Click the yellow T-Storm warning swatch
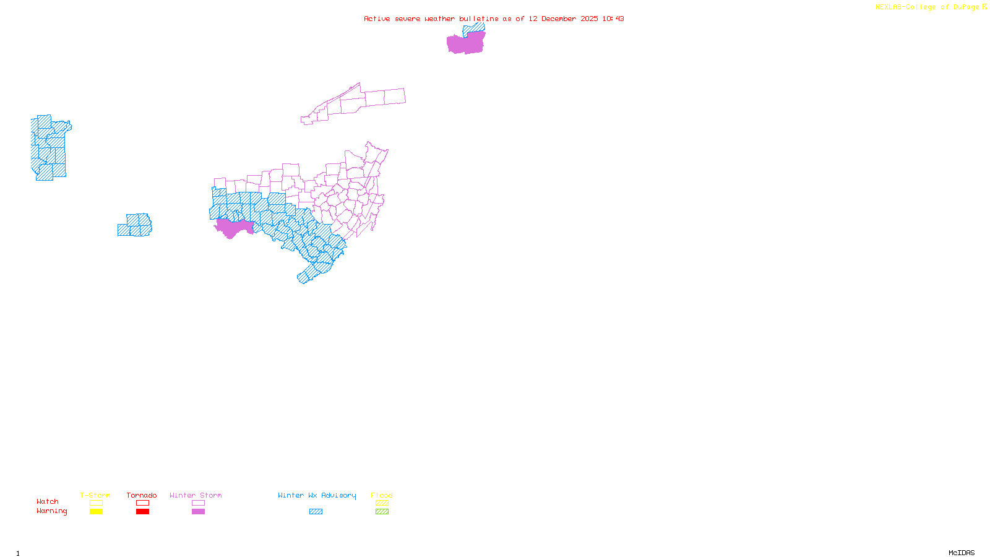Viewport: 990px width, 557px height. [x=96, y=512]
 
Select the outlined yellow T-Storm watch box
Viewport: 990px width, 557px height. [x=96, y=503]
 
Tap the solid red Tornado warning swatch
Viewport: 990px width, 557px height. [x=142, y=512]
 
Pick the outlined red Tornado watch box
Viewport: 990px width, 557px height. [x=142, y=503]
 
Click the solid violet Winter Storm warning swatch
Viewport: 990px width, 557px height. [x=198, y=512]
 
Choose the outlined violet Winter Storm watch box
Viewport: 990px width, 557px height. [x=198, y=503]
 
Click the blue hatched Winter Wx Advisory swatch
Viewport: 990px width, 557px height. [x=316, y=512]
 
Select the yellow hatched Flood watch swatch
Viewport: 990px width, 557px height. [x=382, y=503]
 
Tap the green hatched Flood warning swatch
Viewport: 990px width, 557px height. [x=382, y=512]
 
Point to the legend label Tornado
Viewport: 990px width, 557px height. [x=142, y=495]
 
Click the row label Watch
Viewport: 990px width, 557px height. [x=48, y=502]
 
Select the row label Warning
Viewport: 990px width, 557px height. [x=51, y=511]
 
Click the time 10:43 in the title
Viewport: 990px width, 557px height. [x=613, y=19]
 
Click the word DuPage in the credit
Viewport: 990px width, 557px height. [x=966, y=7]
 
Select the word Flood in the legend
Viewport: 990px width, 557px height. [x=382, y=495]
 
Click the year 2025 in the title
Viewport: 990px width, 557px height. [x=589, y=19]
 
